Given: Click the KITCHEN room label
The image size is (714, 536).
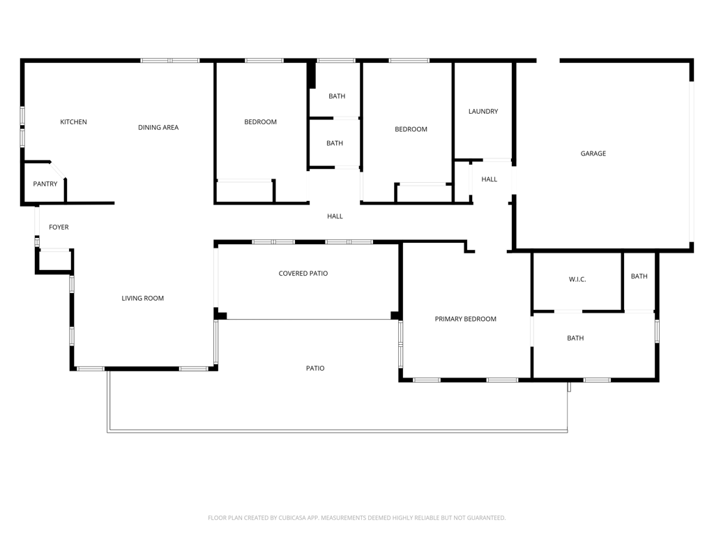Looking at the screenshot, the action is point(73,121).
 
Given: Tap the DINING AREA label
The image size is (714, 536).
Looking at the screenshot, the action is point(158,128).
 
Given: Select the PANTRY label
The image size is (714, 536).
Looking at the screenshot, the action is point(45,184).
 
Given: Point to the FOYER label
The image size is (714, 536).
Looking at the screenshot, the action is point(59,227).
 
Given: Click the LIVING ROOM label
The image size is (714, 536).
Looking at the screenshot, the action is point(142,298).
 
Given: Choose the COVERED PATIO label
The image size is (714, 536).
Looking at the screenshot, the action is point(303,274).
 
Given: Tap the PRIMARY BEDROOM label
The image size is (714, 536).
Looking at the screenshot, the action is point(465,319).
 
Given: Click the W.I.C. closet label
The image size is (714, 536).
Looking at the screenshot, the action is point(577,279).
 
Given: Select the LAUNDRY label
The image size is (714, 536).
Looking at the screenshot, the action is point(483,111).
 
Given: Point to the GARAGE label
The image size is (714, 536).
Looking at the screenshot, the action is point(593,154).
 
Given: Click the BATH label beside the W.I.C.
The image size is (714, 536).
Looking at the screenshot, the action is point(639,276).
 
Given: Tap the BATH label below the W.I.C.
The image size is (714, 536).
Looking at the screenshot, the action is point(575,338).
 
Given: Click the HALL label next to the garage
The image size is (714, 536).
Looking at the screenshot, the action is point(489,179).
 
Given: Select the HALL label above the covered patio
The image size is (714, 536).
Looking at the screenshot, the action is point(335,216).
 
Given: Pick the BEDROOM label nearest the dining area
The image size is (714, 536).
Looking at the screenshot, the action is point(261,121).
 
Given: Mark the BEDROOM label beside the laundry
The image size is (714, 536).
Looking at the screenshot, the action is point(411,129).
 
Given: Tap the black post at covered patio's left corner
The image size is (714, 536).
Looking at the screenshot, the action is point(220,314).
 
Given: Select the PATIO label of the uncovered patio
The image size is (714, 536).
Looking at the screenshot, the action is point(315,368).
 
